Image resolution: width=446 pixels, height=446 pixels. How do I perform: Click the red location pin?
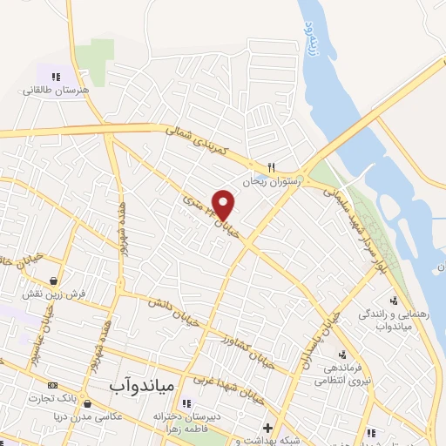coord(224,205)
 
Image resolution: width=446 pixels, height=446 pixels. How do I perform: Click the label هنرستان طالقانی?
coord(57,90)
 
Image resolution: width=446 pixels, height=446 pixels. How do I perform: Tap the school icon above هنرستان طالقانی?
coord(57,77)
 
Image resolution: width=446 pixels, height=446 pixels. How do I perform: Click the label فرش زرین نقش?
coord(55,294)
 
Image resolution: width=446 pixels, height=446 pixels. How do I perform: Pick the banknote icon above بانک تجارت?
coord(52,385)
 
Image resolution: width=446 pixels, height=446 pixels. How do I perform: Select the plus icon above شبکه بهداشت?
coord(267,428)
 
